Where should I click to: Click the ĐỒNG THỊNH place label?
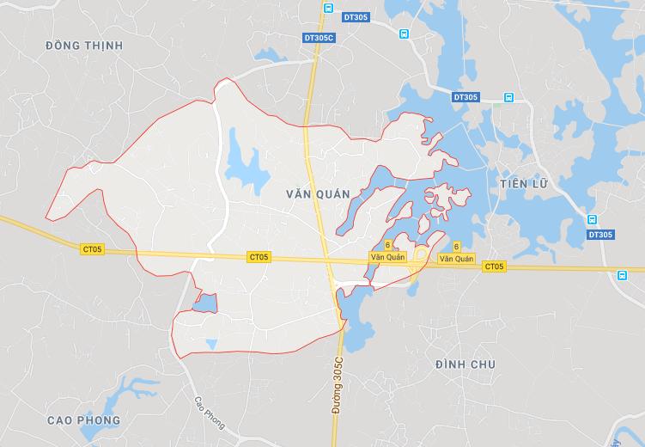[x=84, y=45]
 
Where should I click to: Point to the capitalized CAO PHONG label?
[x=84, y=420]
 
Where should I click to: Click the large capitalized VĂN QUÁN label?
[x=318, y=194]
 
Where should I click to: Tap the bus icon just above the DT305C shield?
[x=327, y=9]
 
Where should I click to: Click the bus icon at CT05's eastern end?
[x=622, y=276]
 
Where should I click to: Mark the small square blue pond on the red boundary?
[x=204, y=303]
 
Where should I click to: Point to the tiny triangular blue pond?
[x=211, y=344]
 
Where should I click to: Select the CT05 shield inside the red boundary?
[x=259, y=256]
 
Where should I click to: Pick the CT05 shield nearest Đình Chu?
[x=494, y=266]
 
